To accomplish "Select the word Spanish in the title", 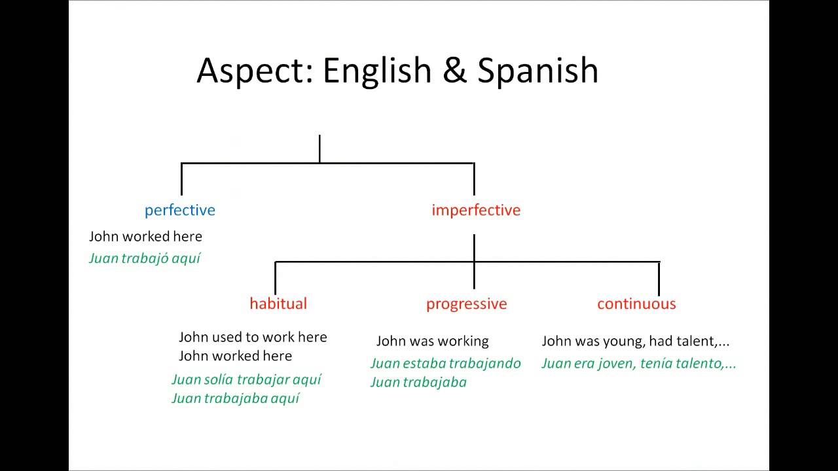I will coord(537,71).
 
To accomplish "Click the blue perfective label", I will coord(179,210).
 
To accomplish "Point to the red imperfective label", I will coord(476,210).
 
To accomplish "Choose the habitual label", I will coord(278,304).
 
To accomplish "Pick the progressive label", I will coord(466,304).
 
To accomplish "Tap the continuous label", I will coord(636,304).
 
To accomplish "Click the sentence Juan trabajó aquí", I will coord(145,258).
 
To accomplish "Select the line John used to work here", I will coord(253,337).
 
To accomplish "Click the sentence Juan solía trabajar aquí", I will coord(246,379).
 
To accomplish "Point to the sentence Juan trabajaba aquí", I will coord(235,398).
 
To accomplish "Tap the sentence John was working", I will coord(432,341).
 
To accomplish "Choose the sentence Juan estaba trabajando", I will coord(445,363).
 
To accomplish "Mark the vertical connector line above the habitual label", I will coord(275,278).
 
